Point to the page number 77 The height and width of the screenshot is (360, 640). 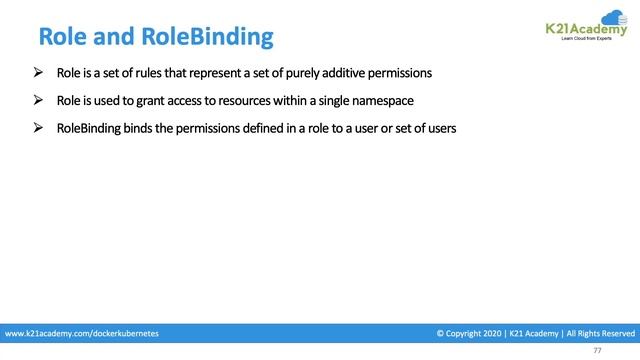[598, 350]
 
